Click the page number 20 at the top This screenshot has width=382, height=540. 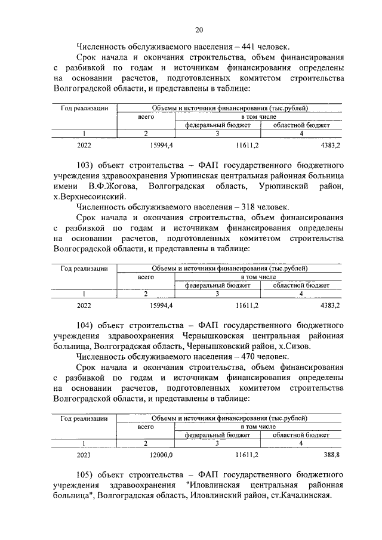pos(199,30)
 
